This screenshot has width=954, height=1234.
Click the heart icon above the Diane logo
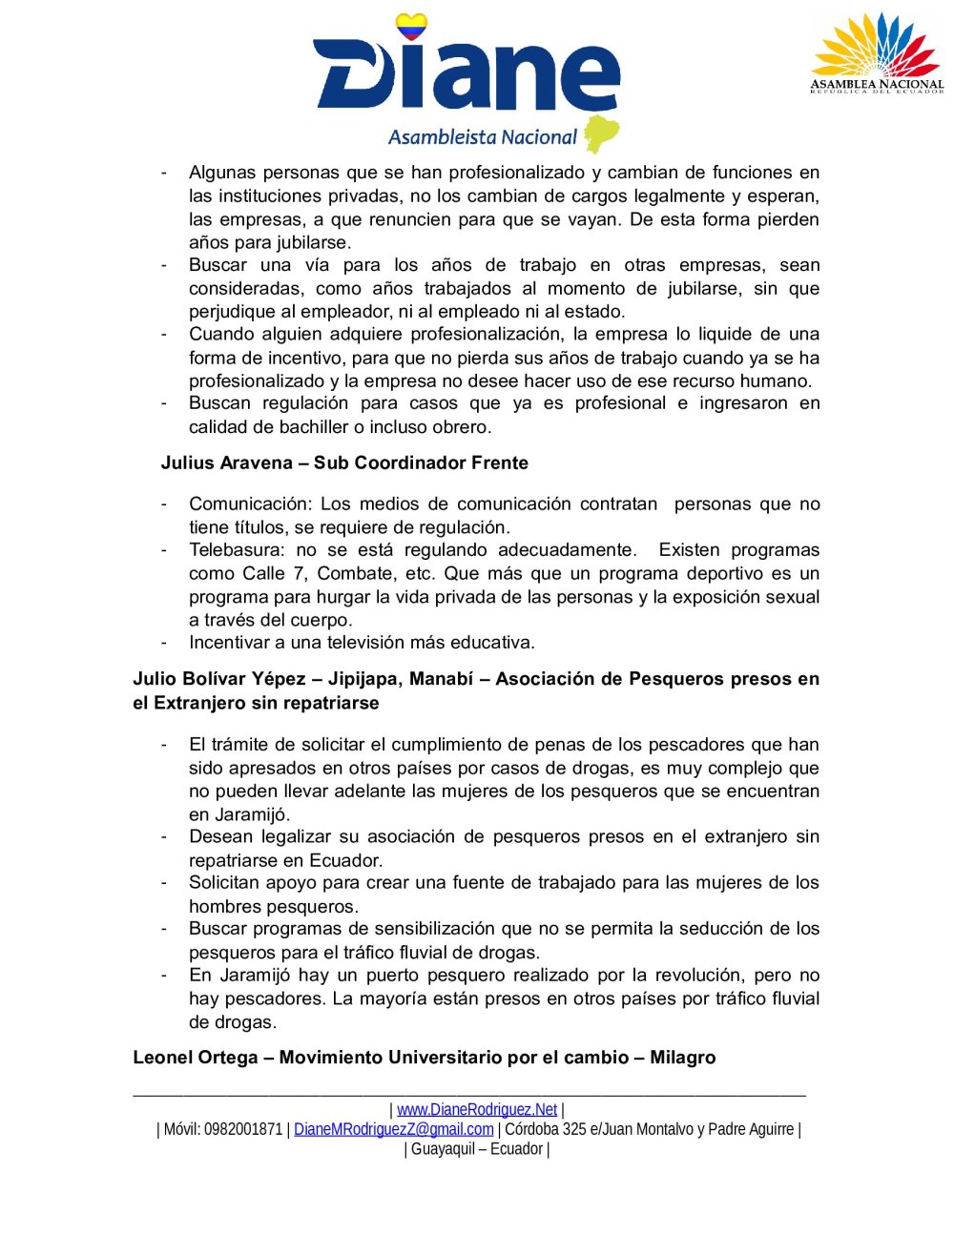(411, 26)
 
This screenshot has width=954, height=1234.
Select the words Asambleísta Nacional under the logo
(483, 137)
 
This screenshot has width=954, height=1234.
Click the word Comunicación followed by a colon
(250, 504)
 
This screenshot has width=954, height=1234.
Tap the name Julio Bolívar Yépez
(218, 679)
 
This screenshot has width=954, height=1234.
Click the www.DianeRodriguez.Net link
(477, 1109)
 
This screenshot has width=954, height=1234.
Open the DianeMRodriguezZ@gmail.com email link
(394, 1129)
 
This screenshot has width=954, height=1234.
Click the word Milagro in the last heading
(683, 1058)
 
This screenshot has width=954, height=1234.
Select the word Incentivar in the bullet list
(228, 643)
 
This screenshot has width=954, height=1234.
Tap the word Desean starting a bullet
(218, 837)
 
